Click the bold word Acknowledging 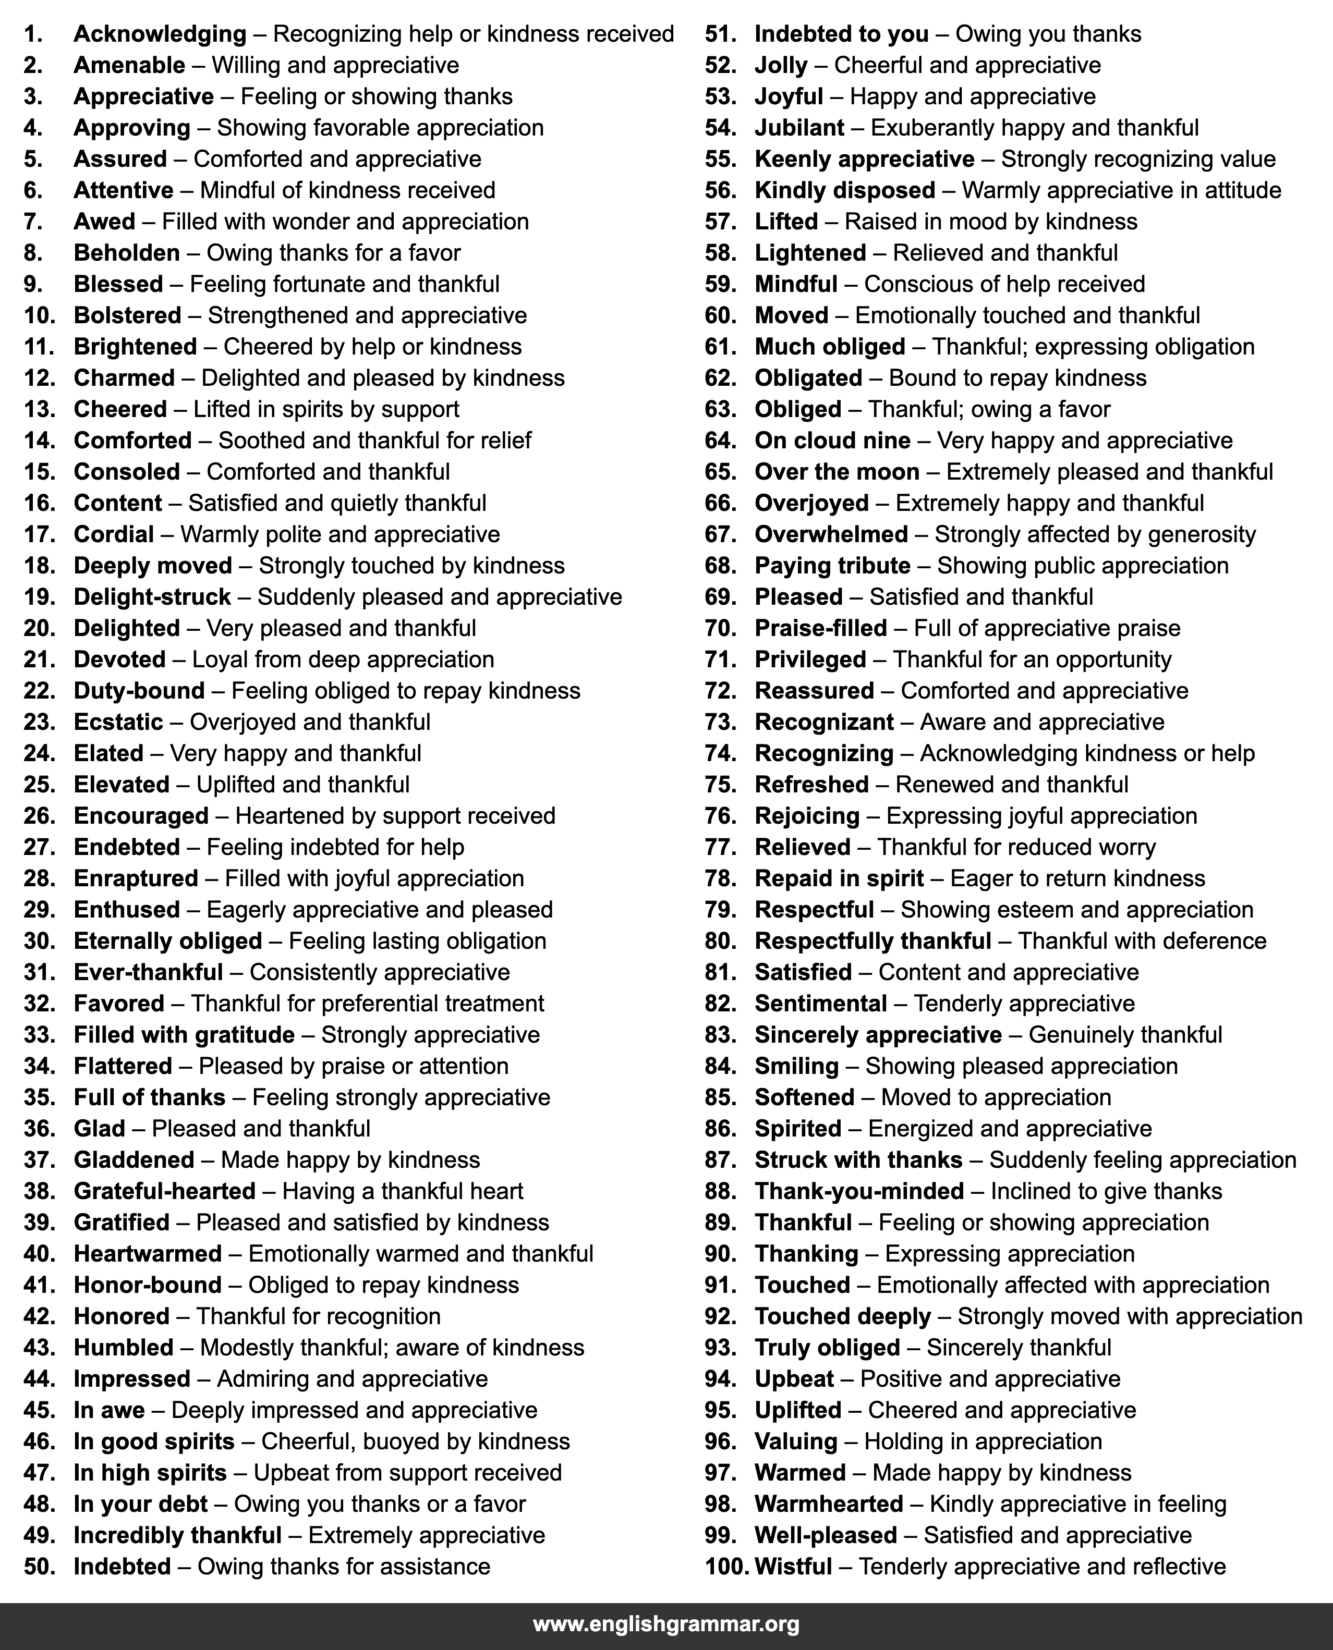[160, 34]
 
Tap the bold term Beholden [127, 252]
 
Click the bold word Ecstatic [118, 722]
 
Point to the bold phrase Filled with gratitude [184, 1034]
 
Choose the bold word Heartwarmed [148, 1253]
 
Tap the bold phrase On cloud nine [832, 441]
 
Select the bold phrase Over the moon [837, 471]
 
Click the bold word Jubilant [799, 127]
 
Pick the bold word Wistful [793, 1567]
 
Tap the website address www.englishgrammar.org [666, 1623]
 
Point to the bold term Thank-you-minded [859, 1191]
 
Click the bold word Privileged [810, 659]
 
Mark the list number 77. [720, 847]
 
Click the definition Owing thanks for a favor [333, 252]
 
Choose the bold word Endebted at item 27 [127, 847]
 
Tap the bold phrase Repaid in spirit [839, 878]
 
